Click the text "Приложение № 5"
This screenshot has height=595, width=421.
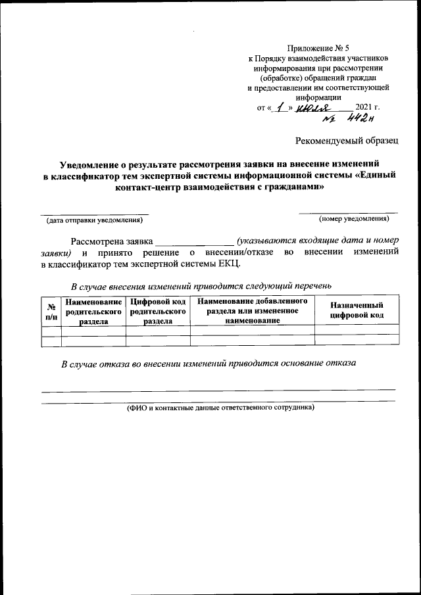click(x=320, y=48)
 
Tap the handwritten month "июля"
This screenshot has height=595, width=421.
click(x=314, y=107)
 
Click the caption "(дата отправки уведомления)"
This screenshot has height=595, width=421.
click(x=93, y=219)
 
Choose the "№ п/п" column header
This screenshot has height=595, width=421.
click(x=51, y=311)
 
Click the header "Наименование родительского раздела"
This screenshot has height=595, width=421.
click(x=93, y=311)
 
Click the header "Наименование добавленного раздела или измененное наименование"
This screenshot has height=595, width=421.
click(x=253, y=310)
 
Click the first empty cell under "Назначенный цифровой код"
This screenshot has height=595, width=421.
click(x=357, y=329)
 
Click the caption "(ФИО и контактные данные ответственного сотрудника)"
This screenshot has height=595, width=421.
click(x=221, y=407)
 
